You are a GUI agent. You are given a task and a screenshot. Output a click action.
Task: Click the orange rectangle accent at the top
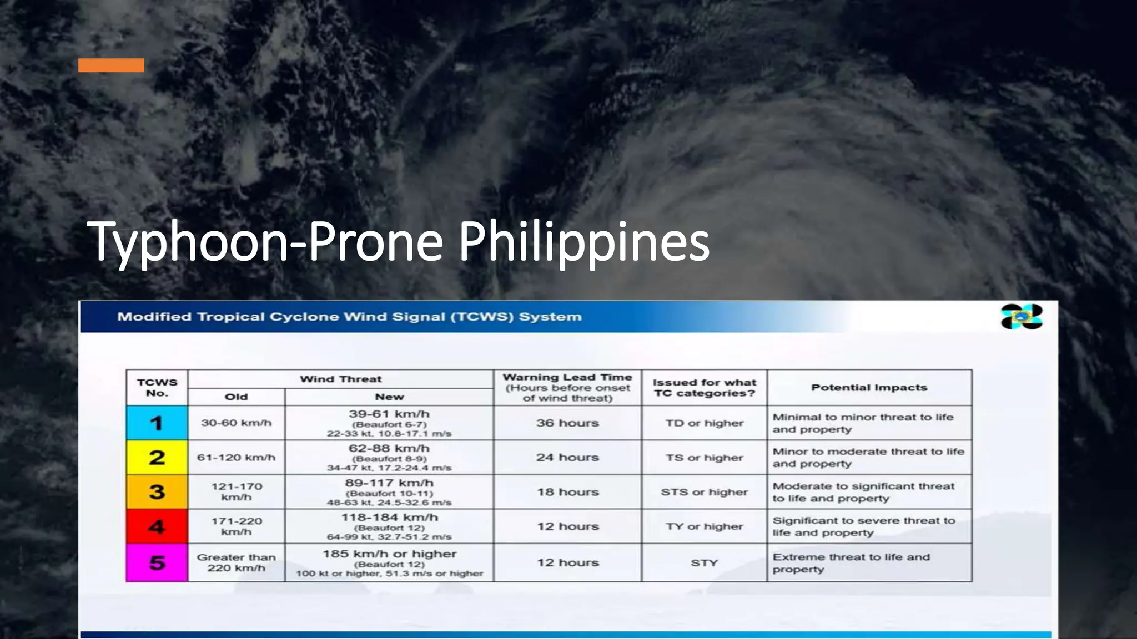pos(111,65)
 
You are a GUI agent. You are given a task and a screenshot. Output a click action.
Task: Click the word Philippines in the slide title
pos(584,243)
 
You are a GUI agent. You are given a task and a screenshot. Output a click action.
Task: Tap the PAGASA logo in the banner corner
pos(1021,317)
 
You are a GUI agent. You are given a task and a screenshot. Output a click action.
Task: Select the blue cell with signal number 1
pos(157,423)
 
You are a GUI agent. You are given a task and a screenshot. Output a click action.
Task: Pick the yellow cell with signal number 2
pos(157,458)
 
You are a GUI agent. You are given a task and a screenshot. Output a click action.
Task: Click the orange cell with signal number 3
pos(157,492)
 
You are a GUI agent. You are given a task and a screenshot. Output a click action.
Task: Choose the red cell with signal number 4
pos(157,526)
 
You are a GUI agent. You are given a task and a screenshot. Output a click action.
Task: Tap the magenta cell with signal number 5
pos(157,563)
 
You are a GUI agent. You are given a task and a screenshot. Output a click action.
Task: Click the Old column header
pos(237,397)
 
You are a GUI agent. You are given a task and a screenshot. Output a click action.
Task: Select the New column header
pos(389,397)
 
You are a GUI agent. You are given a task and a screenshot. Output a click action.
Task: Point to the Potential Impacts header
pos(869,387)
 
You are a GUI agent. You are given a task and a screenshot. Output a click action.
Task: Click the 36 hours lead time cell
pos(567,423)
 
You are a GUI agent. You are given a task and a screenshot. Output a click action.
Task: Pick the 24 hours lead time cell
pos(567,458)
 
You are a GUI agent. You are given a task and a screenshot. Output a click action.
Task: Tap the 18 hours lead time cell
pos(567,492)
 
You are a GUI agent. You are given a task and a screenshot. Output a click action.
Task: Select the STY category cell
pos(704,563)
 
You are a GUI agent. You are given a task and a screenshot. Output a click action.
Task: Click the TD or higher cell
pos(704,423)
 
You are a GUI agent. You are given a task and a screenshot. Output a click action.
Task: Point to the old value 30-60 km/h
pos(237,423)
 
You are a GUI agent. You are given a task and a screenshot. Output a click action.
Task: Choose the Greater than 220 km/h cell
pos(237,563)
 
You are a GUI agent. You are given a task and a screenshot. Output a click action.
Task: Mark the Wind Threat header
pos(341,379)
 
